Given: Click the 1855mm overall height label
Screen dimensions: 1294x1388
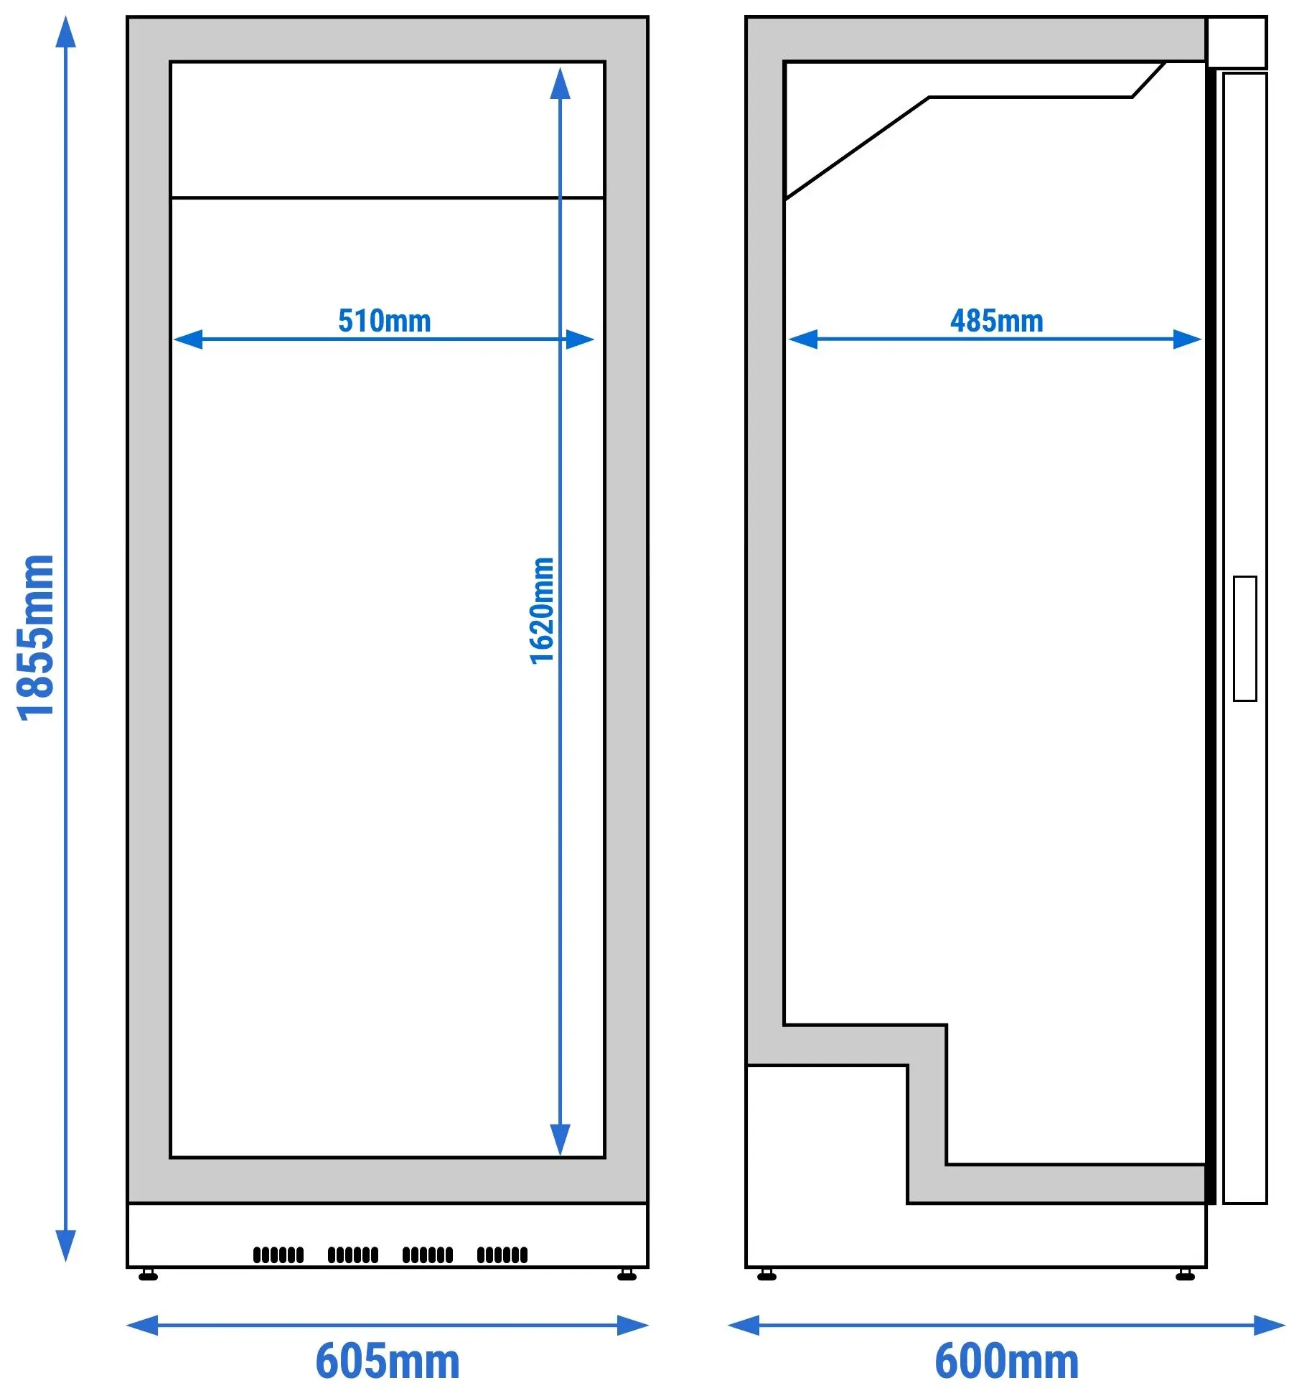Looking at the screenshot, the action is click(x=35, y=637).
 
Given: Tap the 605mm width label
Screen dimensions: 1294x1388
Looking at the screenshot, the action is click(x=388, y=1361).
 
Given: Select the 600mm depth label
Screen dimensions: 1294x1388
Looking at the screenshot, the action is click(x=1007, y=1361).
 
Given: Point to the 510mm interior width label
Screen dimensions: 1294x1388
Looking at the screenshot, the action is click(x=385, y=321).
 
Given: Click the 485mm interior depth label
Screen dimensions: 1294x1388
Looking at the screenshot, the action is click(x=997, y=321).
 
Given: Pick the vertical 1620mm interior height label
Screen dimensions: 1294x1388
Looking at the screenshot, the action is click(x=542, y=611).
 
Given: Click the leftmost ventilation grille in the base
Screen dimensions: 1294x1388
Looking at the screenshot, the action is click(x=278, y=1255).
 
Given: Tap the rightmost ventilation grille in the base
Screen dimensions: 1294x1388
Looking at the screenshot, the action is click(x=502, y=1255).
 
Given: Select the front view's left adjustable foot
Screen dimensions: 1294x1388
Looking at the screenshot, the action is click(x=148, y=1275).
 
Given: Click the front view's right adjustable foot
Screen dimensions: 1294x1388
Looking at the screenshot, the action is click(x=627, y=1275).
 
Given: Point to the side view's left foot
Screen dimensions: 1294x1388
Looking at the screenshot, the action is click(x=766, y=1275).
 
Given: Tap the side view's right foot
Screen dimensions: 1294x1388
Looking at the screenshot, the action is click(x=1186, y=1275).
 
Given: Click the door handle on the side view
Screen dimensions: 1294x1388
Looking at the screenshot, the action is click(x=1245, y=638).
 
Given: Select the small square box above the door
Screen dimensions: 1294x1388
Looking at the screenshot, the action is click(x=1237, y=42).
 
